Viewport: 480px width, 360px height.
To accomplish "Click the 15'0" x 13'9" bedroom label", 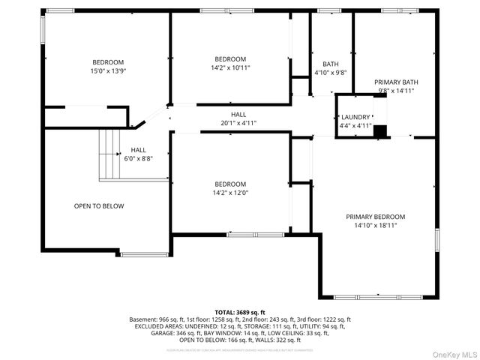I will pos(108,66).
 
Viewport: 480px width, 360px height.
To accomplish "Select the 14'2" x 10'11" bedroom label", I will pos(230,64).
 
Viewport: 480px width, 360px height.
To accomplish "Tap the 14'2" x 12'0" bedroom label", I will pos(230,188).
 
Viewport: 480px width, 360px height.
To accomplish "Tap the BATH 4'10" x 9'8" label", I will pos(330,68).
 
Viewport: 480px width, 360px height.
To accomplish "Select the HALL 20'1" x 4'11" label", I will pos(238,118).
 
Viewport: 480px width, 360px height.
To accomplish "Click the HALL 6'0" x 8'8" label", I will pos(138,154).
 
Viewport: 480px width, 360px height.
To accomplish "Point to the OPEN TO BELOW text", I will pos(99,206).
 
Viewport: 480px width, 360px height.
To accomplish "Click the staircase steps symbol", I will pos(110,154).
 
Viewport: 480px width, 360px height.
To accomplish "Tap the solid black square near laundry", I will pos(381,132).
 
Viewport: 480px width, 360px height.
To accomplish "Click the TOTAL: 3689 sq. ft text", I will pos(240,312).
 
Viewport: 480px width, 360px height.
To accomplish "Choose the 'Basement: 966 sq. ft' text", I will pos(161,319).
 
